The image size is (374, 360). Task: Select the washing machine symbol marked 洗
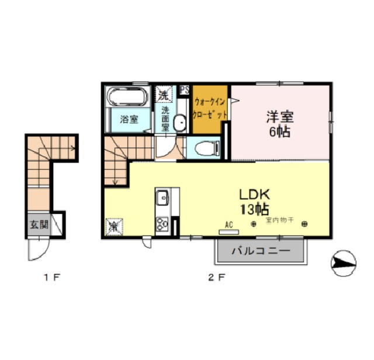pos(164,93)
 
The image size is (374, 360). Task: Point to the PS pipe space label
pos(184,90)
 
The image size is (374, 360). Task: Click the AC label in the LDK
pos(230,224)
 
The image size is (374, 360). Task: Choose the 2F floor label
pos(217,278)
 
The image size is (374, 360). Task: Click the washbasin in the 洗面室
pos(180,123)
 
